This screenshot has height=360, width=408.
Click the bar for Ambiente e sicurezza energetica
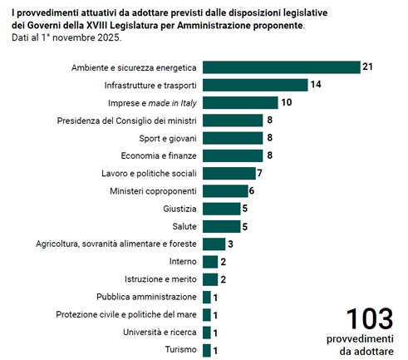(282, 67)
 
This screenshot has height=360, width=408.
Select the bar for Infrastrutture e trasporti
(255, 85)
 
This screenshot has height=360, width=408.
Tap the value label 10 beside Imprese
(287, 102)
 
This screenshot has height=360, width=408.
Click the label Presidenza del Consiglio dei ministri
(126, 121)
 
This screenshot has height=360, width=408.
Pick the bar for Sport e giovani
(233, 138)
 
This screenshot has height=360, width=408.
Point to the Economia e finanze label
(159, 155)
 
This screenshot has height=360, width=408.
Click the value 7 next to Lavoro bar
(259, 173)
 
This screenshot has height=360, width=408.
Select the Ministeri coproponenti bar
(225, 191)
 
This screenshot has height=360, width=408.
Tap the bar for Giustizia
(222, 209)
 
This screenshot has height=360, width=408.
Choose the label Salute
(184, 226)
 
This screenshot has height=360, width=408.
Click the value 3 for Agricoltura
(230, 244)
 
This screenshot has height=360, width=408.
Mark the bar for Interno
(210, 262)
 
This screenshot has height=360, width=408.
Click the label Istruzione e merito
(160, 279)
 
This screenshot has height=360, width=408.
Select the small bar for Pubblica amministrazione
(207, 297)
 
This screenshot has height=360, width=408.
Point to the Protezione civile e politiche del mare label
(126, 314)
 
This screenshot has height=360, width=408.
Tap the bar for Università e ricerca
(207, 333)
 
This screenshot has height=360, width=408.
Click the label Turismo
(181, 349)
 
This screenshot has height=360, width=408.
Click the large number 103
(370, 319)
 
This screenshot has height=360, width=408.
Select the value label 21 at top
(367, 67)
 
